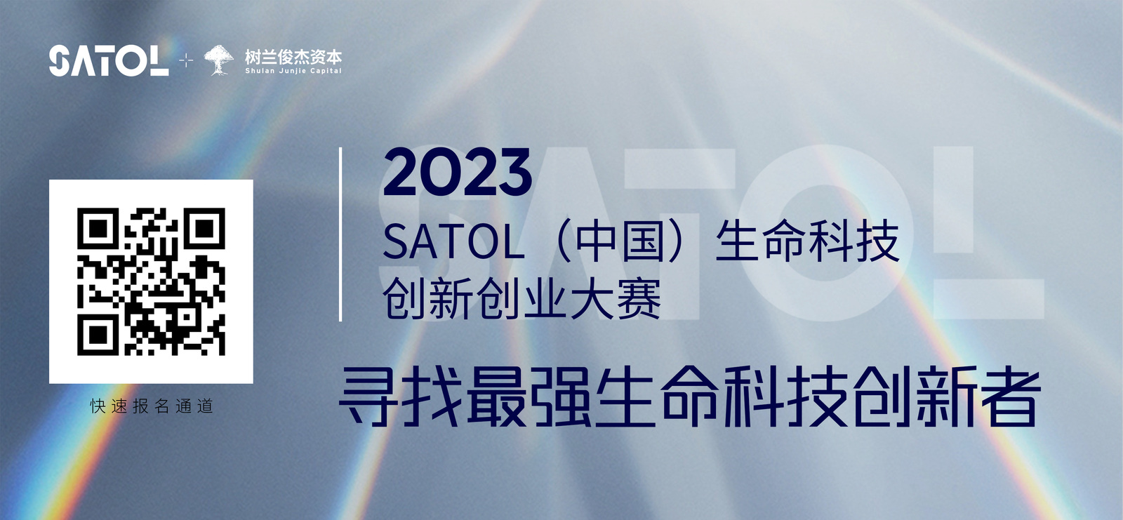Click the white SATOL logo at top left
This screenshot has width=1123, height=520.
(x=109, y=60)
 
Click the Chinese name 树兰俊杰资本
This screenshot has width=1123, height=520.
(x=293, y=57)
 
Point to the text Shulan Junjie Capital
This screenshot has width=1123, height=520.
(x=293, y=71)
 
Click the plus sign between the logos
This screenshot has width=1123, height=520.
(x=186, y=60)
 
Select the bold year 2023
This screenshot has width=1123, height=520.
(x=457, y=172)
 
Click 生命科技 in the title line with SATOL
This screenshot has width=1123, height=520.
(x=808, y=241)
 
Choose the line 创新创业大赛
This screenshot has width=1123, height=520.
(x=522, y=298)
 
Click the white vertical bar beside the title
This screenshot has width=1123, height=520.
(x=340, y=234)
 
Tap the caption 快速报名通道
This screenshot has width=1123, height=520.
(x=152, y=406)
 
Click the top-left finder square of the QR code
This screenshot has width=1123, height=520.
(x=98, y=229)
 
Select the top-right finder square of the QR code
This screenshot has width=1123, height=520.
(x=204, y=229)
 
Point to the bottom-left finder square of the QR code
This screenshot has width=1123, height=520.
(x=98, y=335)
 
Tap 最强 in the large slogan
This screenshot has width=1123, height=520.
(x=529, y=396)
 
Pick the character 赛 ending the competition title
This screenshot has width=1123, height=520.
(x=639, y=298)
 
